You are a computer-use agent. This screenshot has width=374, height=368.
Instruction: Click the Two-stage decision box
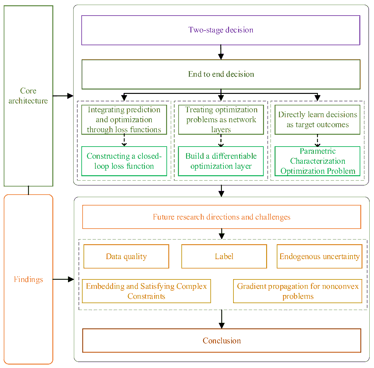221,30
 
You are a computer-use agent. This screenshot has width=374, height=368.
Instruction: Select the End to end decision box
221,74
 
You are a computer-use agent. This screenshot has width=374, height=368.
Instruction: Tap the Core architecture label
28,96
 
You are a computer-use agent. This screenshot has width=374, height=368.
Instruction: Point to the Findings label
28,279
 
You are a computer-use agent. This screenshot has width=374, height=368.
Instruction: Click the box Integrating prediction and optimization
124,120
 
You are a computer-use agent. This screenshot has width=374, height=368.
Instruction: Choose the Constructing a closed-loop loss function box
124,161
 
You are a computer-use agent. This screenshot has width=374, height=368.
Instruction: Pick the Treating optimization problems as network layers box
221,120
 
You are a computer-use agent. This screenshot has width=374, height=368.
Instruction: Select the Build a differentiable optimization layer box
221,161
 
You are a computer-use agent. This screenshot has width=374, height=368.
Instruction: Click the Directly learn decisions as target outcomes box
317,120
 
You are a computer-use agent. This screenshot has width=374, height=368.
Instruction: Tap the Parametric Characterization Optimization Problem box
317,161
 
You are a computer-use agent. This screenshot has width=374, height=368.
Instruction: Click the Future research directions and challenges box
222,217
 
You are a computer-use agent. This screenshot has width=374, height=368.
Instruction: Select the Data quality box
126,256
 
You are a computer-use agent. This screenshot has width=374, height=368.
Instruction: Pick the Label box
224,256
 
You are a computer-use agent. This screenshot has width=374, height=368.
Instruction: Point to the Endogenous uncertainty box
319,256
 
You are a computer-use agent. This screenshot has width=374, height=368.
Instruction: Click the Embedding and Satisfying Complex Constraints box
146,291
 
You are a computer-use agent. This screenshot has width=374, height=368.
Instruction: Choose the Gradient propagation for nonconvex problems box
298,291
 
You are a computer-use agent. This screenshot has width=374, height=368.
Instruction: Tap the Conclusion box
222,341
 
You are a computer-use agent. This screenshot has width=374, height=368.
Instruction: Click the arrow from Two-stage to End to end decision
221,52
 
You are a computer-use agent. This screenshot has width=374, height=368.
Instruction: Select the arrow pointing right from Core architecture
63,96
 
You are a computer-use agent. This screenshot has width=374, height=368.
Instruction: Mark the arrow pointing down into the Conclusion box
222,319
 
